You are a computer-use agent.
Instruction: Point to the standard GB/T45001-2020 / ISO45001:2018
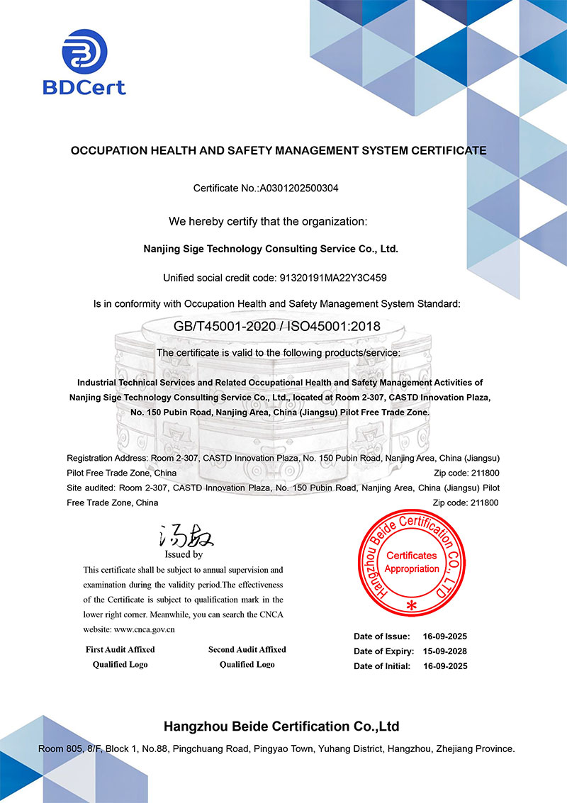(x=277, y=326)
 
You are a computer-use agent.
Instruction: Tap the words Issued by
(x=184, y=554)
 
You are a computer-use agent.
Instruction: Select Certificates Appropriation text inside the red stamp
(x=412, y=562)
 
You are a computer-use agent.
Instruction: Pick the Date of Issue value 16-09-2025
(x=445, y=636)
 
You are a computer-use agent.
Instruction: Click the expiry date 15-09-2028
(x=445, y=651)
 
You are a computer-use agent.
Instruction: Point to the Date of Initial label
(x=382, y=666)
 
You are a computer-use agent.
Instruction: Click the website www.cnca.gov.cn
(x=145, y=629)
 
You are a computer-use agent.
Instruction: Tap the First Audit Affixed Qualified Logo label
(x=120, y=656)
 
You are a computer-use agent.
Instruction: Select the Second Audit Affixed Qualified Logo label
(x=247, y=656)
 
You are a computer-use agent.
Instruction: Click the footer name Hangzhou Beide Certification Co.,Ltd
(x=281, y=726)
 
